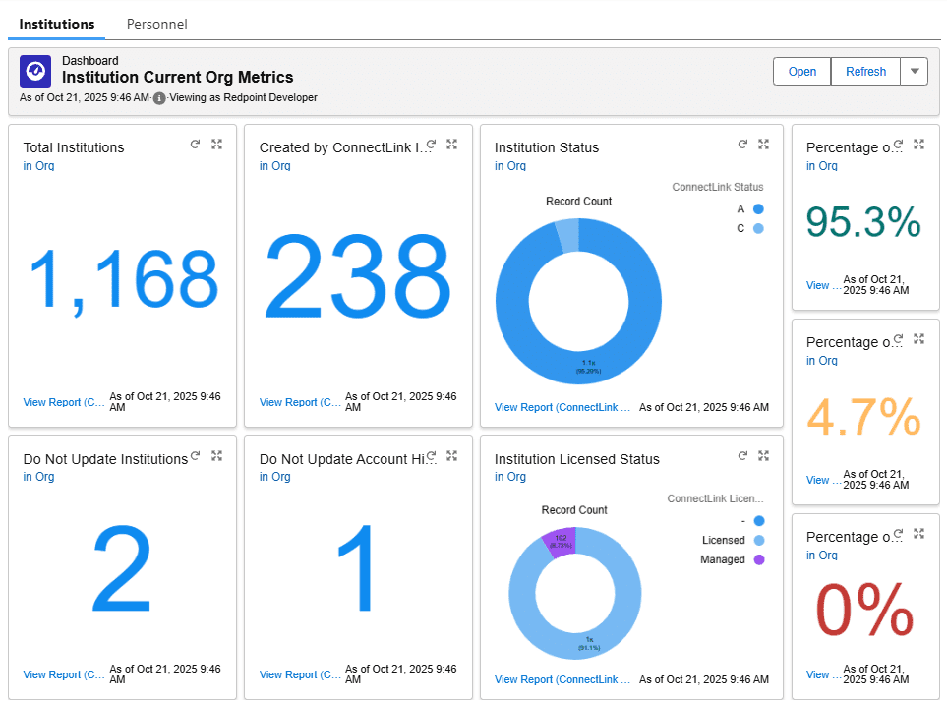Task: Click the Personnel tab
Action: coord(156,24)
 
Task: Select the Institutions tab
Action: coord(57,24)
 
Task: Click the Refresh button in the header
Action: coord(865,72)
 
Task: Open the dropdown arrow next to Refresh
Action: coord(915,72)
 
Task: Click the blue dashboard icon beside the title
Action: coord(35,71)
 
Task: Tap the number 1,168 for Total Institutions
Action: coord(123,278)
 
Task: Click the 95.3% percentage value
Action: coord(863,221)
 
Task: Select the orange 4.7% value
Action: coord(863,417)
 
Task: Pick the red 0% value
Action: coord(864,611)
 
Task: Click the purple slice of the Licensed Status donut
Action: coord(560,543)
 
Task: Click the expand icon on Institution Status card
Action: coord(763,145)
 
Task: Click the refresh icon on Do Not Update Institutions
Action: coord(195,456)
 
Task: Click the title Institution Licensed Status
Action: coord(576,459)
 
